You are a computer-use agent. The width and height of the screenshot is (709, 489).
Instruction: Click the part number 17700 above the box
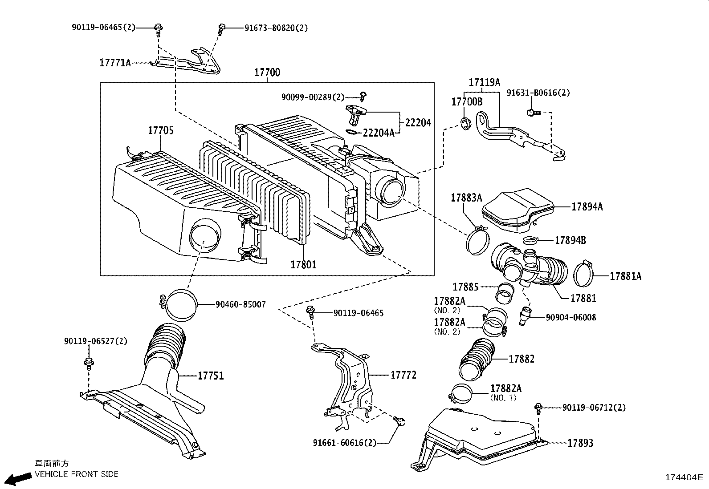pyautogui.click(x=267, y=73)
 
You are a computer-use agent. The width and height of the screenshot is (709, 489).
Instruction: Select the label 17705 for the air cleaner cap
pyautogui.click(x=161, y=130)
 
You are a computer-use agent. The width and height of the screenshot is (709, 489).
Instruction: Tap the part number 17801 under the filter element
pyautogui.click(x=303, y=264)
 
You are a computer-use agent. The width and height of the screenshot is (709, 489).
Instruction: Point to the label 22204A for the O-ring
pyautogui.click(x=379, y=133)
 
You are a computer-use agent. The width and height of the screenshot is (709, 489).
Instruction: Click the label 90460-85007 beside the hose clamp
pyautogui.click(x=240, y=305)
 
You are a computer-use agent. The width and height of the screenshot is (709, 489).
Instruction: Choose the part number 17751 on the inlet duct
pyautogui.click(x=211, y=376)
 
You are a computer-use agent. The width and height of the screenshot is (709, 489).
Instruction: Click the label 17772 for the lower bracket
pyautogui.click(x=403, y=375)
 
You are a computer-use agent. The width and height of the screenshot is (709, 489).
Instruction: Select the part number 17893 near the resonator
pyautogui.click(x=580, y=443)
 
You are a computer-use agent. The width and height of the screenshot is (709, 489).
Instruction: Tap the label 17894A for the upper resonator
pyautogui.click(x=587, y=206)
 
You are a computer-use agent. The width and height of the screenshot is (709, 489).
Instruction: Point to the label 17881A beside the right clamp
pyautogui.click(x=625, y=276)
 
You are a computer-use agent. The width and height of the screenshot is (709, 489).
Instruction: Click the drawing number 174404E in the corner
pyautogui.click(x=684, y=477)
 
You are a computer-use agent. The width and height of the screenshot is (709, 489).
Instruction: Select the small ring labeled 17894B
pyautogui.click(x=529, y=241)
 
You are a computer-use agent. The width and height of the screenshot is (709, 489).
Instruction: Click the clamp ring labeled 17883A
pyautogui.click(x=477, y=240)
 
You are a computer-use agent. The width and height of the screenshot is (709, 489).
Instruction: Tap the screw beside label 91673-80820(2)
pyautogui.click(x=221, y=29)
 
